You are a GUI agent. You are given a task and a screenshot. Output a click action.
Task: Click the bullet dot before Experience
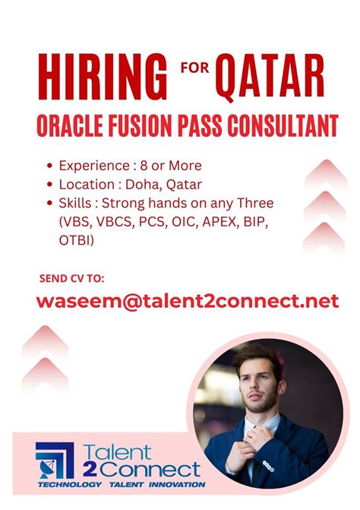(x=49, y=165)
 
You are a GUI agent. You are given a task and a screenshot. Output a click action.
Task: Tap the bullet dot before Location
(x=49, y=185)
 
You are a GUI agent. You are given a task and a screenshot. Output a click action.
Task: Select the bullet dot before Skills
(x=49, y=204)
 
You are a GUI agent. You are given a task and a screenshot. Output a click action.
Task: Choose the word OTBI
(x=75, y=240)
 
